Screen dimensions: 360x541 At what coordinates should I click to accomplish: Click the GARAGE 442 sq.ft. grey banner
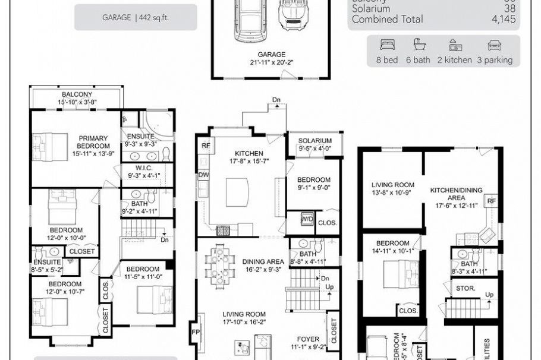[136, 18]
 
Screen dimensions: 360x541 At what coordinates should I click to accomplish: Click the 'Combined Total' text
[388, 19]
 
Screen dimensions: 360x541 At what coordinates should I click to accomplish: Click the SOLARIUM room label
[314, 140]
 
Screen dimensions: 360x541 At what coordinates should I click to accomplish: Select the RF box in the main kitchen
[206, 145]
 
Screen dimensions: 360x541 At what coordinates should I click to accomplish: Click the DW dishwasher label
[204, 175]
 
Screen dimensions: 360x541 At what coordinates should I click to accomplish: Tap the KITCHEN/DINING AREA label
[457, 194]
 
